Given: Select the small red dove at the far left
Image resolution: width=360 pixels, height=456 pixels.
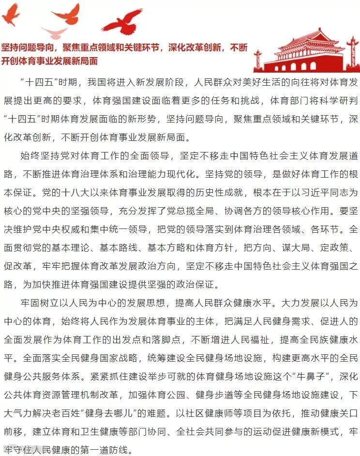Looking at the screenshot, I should pyautogui.click(x=10, y=15).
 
